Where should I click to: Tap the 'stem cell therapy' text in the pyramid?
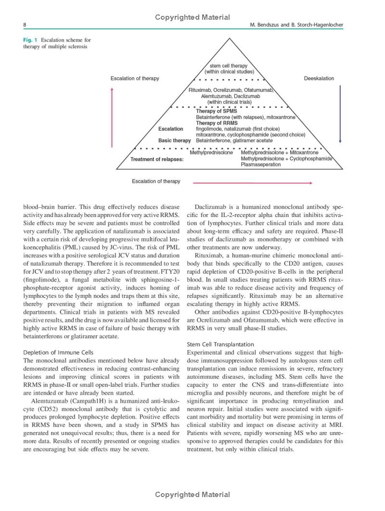click(229, 65)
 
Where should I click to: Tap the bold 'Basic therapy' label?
click(175, 141)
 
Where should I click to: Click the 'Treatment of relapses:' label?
click(157, 159)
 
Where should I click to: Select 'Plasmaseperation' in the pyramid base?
click(261, 165)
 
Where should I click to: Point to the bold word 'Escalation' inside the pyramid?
click(170, 129)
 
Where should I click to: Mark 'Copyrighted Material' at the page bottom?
click(192, 494)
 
